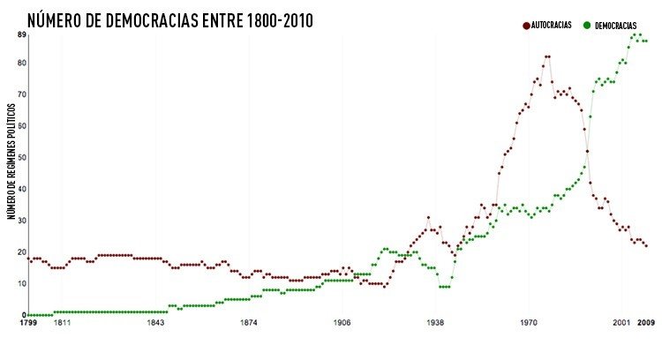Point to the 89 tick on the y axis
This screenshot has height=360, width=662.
click(20, 34)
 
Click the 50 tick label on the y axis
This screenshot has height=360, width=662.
click(20, 157)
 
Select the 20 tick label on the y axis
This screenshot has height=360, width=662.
click(20, 251)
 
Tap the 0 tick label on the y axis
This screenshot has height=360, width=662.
click(23, 315)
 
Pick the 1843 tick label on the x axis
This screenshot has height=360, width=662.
click(155, 324)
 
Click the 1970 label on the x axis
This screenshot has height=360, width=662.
click(529, 324)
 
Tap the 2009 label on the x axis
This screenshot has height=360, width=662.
click(646, 324)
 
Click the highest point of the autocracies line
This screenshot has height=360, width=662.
click(547, 56)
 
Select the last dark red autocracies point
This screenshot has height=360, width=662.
click(646, 245)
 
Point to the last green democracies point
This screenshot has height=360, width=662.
click(646, 41)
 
